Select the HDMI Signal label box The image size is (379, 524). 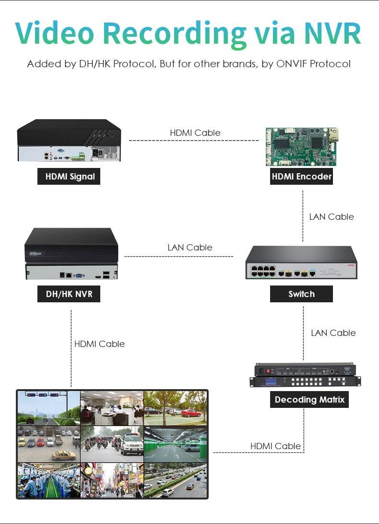(69, 177)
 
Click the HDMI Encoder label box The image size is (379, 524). (301, 177)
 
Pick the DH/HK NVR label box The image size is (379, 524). (69, 294)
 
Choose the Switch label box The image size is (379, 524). (301, 294)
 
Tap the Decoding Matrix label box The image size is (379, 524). (309, 400)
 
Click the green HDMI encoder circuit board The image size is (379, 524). (302, 147)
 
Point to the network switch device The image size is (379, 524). (301, 262)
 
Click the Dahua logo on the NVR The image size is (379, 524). (36, 254)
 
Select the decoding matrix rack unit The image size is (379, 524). (305, 375)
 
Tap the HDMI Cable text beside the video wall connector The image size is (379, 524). (275, 446)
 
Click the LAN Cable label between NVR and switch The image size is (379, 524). (190, 248)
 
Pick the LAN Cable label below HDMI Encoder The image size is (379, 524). (332, 217)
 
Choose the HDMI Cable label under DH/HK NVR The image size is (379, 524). (100, 344)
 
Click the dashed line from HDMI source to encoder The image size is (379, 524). (194, 140)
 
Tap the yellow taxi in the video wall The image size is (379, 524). (64, 455)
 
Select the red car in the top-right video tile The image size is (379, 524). (191, 413)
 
